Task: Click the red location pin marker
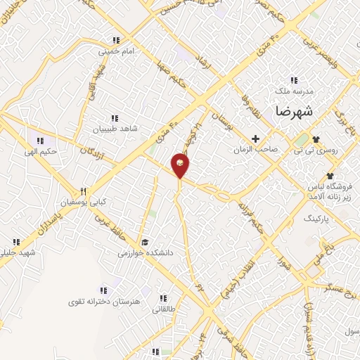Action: (x=180, y=165)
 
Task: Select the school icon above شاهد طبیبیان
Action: (x=114, y=117)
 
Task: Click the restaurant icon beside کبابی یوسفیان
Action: (x=83, y=191)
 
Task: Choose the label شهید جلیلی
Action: (x=18, y=252)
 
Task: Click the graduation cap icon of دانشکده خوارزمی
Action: (x=144, y=241)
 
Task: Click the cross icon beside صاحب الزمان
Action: (x=256, y=139)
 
